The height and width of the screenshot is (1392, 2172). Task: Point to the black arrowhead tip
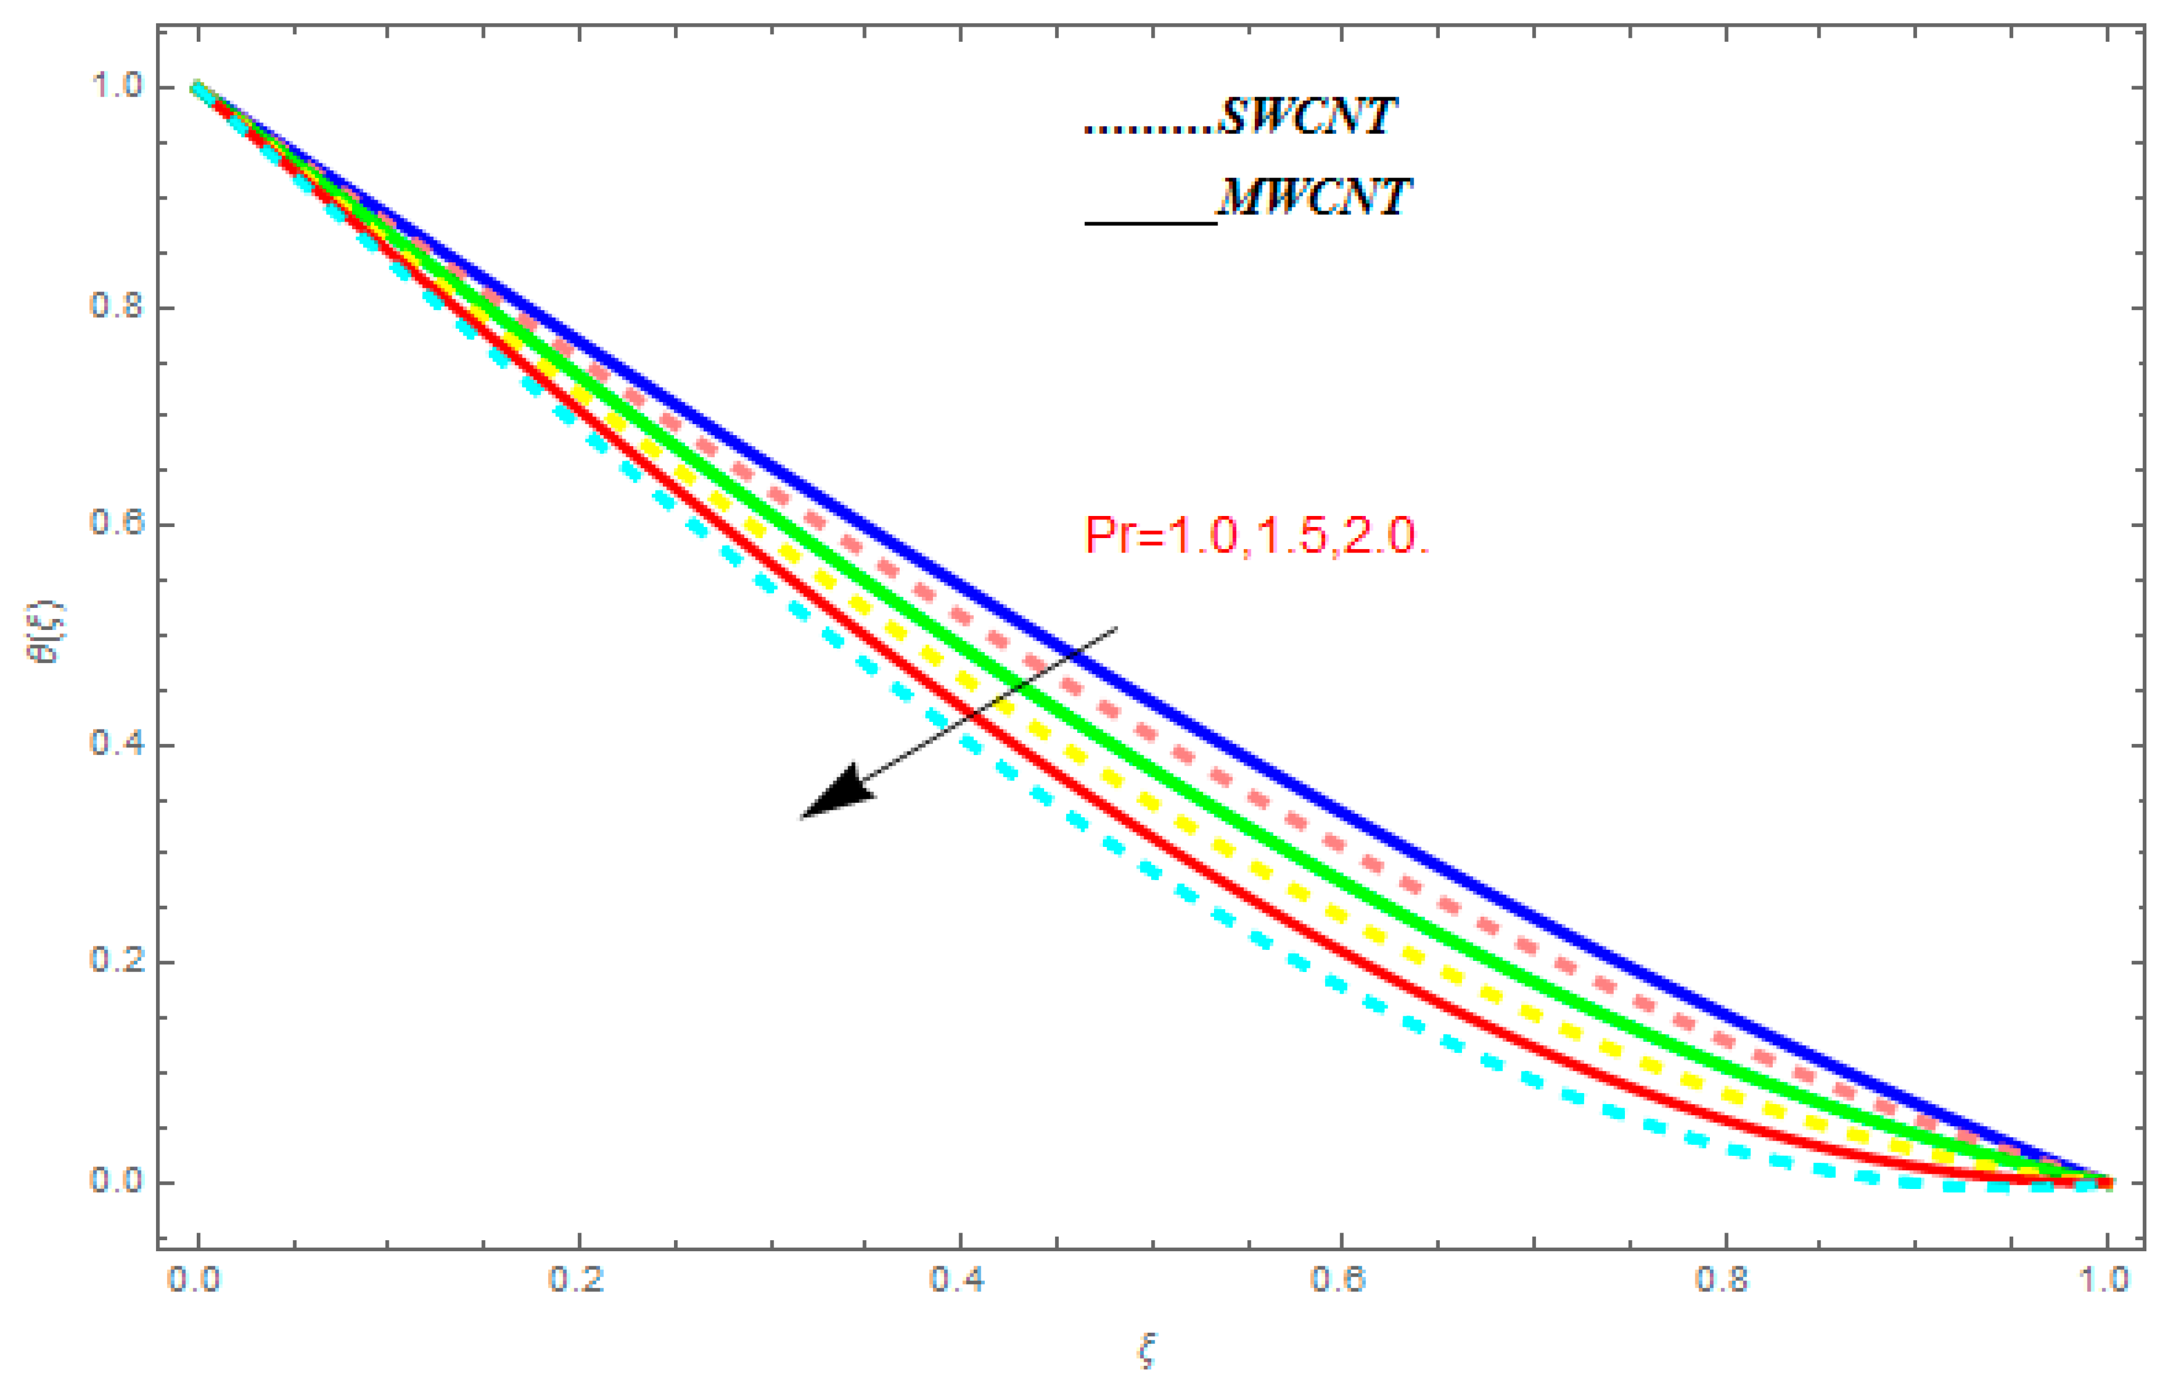click(802, 817)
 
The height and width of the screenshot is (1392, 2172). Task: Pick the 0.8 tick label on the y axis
click(116, 305)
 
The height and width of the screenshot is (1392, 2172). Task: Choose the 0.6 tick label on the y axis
click(116, 524)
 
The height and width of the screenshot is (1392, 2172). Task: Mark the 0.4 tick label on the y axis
click(116, 744)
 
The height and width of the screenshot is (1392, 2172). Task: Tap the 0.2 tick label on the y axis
click(116, 961)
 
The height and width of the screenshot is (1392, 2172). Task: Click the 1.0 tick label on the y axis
click(116, 86)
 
